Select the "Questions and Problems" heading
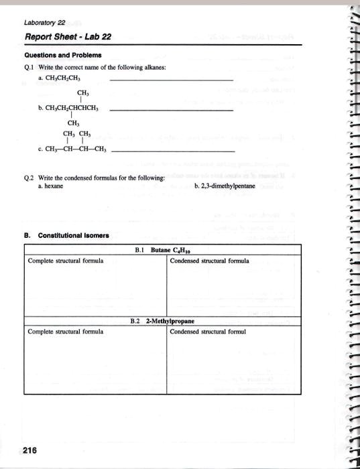click(x=63, y=56)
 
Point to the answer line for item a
click(x=171, y=81)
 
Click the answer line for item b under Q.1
click(x=171, y=109)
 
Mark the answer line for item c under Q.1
click(x=172, y=151)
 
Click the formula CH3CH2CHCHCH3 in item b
click(x=69, y=108)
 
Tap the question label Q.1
click(x=30, y=68)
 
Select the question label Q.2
click(x=30, y=178)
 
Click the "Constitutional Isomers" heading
click(x=71, y=236)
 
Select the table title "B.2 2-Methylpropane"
click(x=164, y=322)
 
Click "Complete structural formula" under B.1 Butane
click(x=66, y=261)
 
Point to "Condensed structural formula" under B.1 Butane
click(x=209, y=261)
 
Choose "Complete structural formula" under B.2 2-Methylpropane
click(x=66, y=331)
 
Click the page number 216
click(x=29, y=450)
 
